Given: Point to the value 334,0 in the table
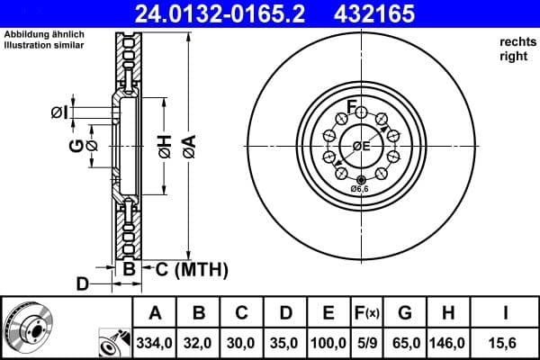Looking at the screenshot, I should click(155, 343).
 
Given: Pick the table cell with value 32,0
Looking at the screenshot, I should click(199, 343).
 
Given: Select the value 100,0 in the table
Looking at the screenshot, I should click(328, 343).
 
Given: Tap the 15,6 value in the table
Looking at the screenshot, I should click(505, 343).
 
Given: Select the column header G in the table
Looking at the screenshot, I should click(404, 313).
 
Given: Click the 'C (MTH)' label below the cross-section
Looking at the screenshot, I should click(191, 269).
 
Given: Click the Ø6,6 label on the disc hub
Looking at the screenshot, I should click(360, 189).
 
